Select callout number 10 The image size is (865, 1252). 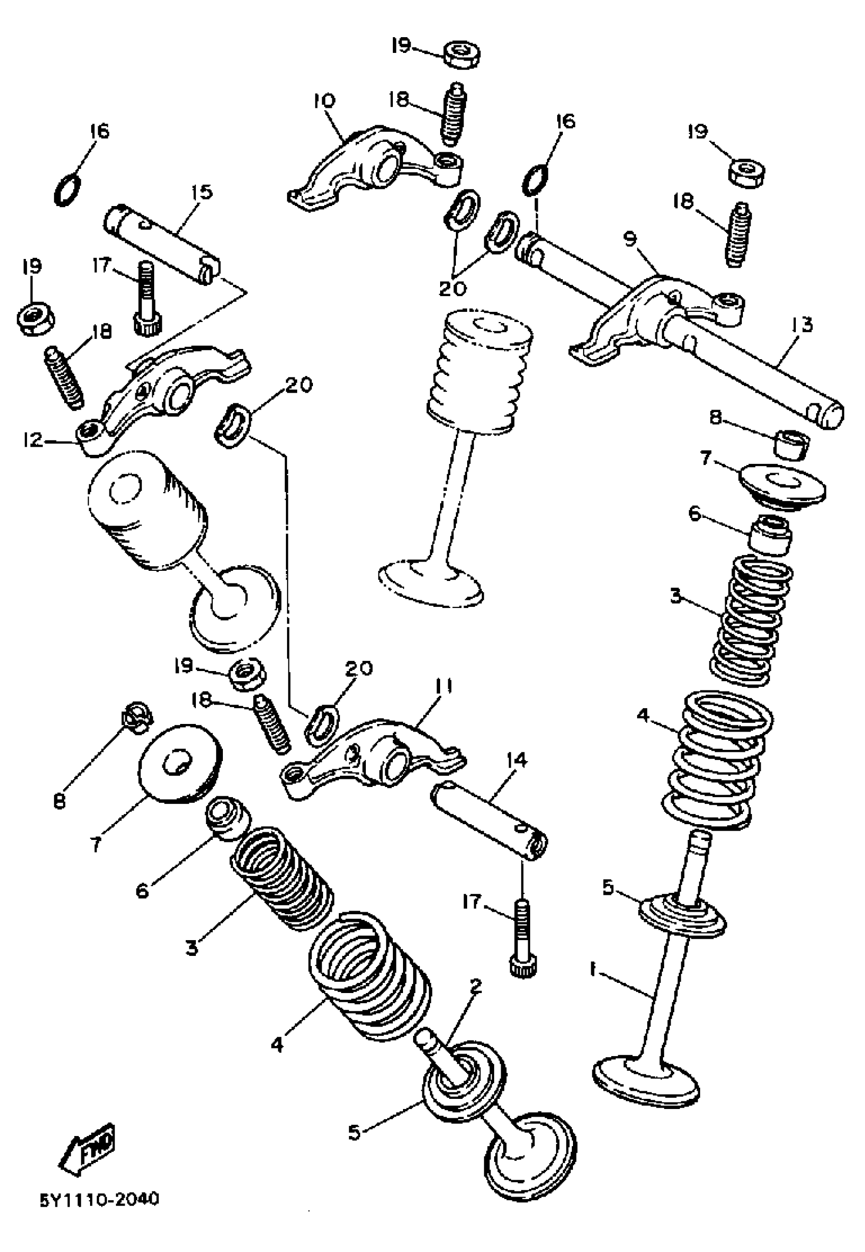click(x=324, y=101)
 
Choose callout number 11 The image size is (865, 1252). click(x=443, y=688)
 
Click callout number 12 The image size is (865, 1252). click(x=33, y=440)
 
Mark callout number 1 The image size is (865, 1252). click(x=593, y=971)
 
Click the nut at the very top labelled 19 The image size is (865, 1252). click(x=462, y=55)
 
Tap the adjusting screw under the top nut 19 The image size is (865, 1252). click(x=455, y=115)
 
